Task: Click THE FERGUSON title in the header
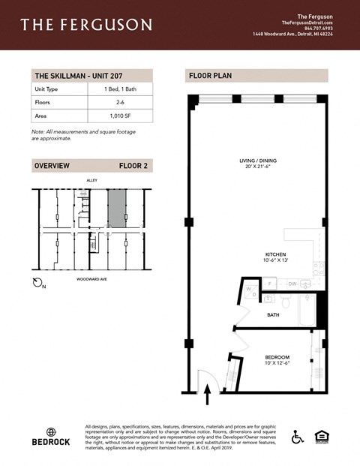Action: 86,26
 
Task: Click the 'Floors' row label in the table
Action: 42,103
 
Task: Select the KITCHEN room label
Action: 275,254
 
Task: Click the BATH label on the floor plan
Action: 273,315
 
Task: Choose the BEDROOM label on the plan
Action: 277,357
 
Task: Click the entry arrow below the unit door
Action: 208,389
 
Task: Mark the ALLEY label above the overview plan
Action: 92,180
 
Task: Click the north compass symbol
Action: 40,283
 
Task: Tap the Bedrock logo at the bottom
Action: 52,437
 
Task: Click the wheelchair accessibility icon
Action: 297,436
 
